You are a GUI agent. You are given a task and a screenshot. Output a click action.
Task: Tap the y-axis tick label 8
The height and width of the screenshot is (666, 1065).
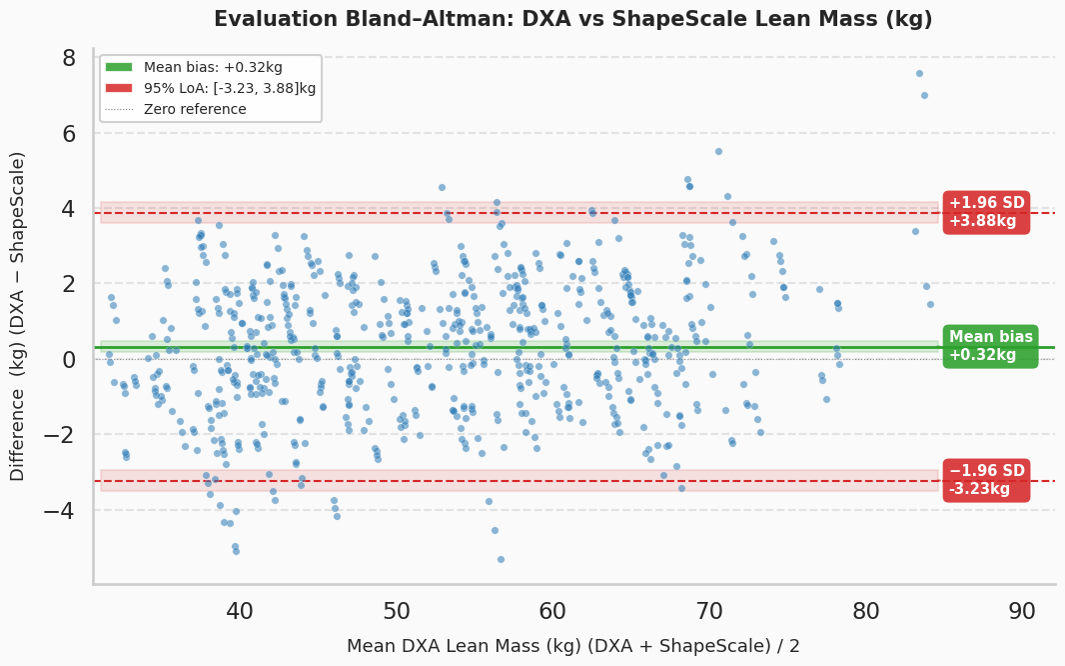(68, 58)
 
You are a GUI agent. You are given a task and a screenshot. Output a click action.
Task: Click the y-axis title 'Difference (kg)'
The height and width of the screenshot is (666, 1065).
(18, 316)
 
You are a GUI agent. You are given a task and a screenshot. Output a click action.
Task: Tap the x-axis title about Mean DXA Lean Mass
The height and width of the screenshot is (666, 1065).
(572, 646)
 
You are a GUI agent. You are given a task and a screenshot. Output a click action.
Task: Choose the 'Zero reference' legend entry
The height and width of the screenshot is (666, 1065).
(196, 109)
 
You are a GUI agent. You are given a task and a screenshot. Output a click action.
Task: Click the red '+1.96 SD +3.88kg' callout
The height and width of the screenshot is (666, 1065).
(986, 213)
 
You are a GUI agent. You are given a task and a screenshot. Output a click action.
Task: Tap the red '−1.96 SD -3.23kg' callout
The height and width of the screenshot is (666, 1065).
(986, 480)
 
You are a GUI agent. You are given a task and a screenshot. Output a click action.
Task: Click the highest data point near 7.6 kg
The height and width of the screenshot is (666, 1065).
(919, 73)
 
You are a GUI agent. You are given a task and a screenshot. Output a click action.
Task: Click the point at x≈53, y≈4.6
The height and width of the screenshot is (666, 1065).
(442, 187)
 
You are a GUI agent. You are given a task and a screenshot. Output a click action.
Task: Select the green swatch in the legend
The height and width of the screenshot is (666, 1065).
(120, 67)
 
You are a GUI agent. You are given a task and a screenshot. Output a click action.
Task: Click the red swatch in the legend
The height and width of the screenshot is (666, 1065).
(120, 88)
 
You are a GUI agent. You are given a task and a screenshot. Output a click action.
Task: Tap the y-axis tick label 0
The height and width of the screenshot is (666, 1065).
(68, 359)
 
